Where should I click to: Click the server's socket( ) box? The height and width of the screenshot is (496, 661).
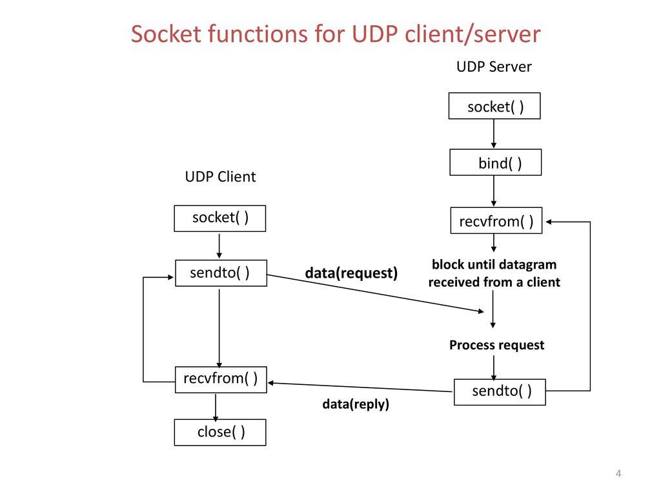494,106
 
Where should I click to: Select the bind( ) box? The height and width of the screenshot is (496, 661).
496,162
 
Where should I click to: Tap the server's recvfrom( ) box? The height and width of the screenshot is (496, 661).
496,220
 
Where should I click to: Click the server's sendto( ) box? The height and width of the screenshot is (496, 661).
500,392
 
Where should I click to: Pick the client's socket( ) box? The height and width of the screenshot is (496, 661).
220,218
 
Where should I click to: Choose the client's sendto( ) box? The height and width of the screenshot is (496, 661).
221,273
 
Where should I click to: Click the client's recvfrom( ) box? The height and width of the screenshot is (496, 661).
221,380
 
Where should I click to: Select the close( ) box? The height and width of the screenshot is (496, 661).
220,432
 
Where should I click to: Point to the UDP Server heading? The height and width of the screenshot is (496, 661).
494,67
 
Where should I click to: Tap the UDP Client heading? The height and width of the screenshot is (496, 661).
221,177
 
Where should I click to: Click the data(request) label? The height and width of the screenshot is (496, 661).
351,273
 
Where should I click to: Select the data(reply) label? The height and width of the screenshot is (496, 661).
356,404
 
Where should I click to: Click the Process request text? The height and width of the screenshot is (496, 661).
496,345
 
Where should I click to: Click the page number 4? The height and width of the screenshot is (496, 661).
618,473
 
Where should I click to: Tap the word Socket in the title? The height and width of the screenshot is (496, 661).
166,34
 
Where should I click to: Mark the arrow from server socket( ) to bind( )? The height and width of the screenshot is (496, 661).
494,134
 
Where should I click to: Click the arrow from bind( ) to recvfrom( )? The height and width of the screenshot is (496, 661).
494,191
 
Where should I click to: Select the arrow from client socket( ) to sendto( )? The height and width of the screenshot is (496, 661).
219,246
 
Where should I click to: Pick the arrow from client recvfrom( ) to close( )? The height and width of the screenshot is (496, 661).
216,408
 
